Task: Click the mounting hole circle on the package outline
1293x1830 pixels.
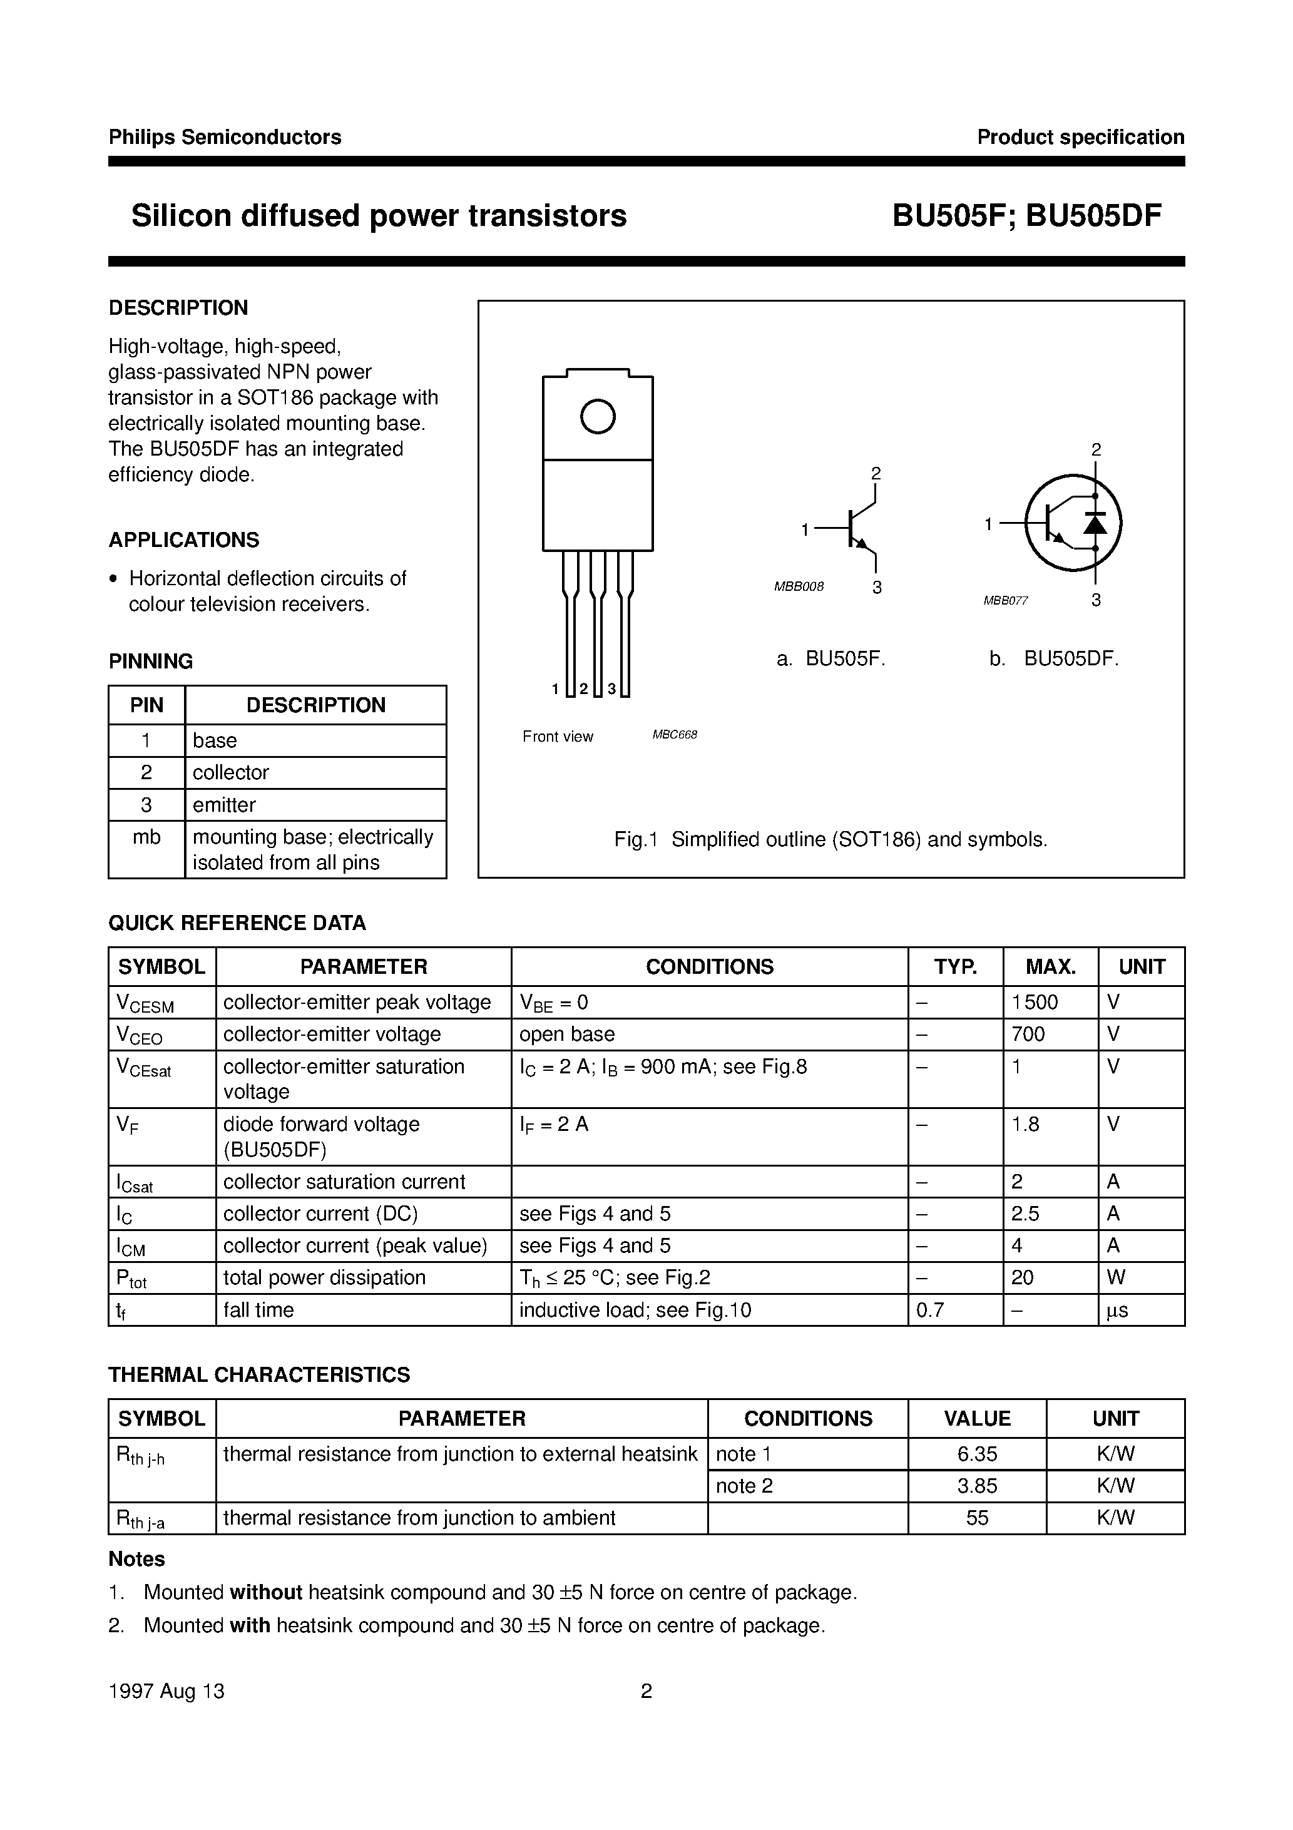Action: [x=598, y=416]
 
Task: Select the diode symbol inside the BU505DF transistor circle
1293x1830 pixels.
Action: [x=1095, y=524]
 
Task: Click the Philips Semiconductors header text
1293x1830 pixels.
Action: [x=225, y=137]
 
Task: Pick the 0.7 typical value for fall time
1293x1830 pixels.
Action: [x=930, y=1309]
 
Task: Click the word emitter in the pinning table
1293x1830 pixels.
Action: [x=224, y=805]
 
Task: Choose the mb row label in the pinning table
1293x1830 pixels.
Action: [x=146, y=837]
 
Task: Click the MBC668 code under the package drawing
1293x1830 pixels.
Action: [x=675, y=735]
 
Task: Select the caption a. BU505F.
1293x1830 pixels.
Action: [x=830, y=659]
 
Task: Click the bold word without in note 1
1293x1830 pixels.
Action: [x=265, y=1592]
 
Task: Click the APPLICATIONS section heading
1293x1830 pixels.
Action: [x=184, y=539]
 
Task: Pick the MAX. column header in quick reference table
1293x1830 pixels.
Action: [x=1050, y=967]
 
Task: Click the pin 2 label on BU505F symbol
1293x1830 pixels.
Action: [x=876, y=473]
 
